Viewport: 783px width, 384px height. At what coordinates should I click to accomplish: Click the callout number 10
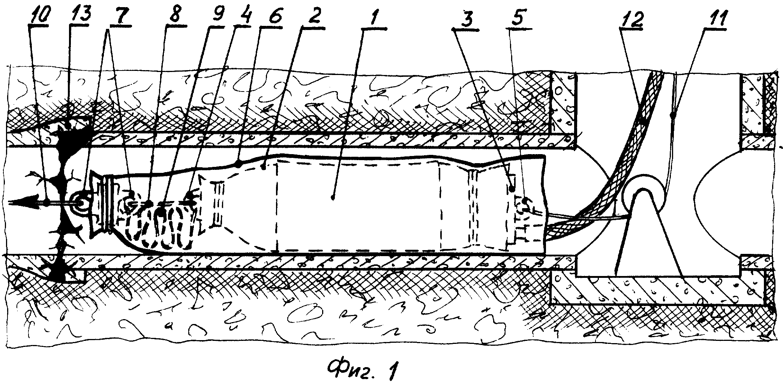39,16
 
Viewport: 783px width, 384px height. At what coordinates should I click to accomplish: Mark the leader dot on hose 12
642,121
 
